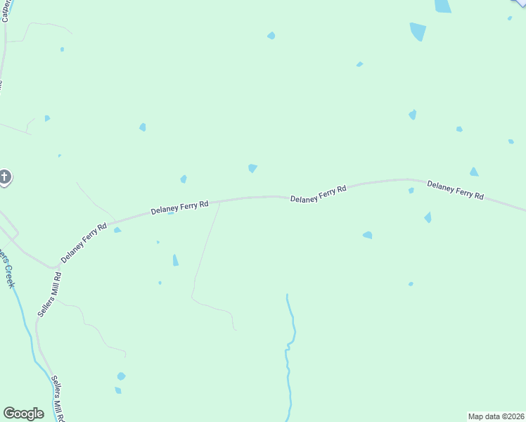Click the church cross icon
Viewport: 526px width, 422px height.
4,177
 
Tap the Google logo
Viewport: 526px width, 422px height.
23,414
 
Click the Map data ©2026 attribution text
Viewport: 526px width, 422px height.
496,416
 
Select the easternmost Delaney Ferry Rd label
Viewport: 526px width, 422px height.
455,191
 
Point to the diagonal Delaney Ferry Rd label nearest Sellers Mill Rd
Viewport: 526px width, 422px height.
83,243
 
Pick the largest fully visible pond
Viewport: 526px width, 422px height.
418,31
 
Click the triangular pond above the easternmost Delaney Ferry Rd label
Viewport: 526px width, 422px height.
474,172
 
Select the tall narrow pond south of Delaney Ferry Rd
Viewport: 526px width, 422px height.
175,260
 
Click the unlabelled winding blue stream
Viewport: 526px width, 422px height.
288,352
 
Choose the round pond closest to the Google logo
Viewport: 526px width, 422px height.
121,376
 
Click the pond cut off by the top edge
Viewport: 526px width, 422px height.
442,6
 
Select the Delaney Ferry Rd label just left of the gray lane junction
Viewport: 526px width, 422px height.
179,207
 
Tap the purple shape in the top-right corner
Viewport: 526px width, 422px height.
520,4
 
